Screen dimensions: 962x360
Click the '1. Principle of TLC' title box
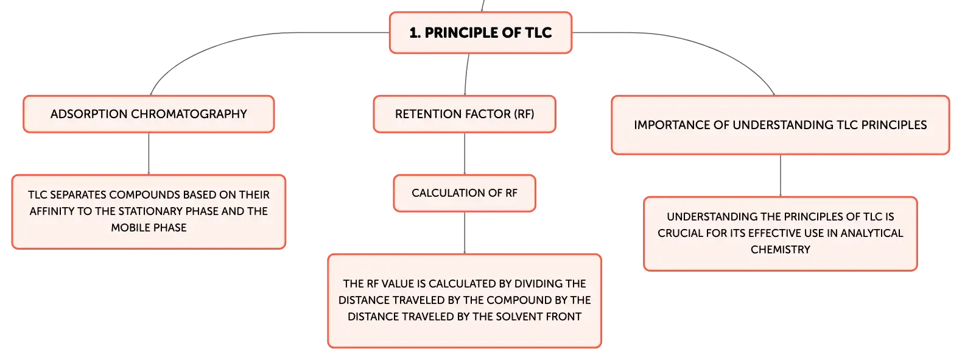[480, 33]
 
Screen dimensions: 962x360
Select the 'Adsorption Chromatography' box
[149, 114]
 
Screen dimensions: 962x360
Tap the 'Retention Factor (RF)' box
[465, 114]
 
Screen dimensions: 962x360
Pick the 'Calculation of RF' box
[465, 193]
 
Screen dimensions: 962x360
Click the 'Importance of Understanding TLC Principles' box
[781, 125]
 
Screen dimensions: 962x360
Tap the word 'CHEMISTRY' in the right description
[781, 250]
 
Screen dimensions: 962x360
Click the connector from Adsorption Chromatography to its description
[149, 154]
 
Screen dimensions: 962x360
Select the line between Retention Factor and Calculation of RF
[465, 154]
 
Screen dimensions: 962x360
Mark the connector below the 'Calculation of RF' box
[465, 233]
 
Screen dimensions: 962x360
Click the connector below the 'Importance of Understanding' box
[781, 175]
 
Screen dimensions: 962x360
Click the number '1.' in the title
[415, 33]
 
